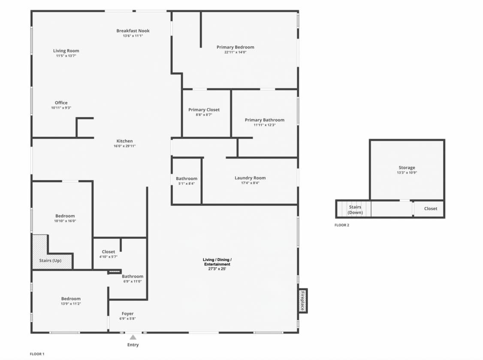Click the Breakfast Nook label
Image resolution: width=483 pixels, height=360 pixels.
133,31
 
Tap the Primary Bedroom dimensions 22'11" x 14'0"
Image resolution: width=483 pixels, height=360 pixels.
235,52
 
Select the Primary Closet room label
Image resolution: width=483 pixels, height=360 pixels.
204,110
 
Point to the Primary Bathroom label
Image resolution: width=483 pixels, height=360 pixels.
265,120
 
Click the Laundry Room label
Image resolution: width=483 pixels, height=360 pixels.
250,178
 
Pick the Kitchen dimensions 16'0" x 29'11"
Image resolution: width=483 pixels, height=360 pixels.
124,146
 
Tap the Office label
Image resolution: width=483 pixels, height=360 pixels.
61,103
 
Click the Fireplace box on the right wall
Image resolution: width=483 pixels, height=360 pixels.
303,300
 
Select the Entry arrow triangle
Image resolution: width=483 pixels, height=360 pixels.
133,337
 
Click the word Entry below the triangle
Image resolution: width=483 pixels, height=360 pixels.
133,345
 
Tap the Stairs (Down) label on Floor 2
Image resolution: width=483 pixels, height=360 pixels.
355,210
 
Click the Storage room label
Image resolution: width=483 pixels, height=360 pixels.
407,168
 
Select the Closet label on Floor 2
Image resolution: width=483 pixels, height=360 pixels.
430,209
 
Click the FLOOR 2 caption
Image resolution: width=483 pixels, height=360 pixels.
342,225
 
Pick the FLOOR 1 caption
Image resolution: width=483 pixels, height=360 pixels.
37,354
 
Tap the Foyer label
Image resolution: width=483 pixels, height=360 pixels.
127,314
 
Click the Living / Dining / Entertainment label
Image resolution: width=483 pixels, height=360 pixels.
217,262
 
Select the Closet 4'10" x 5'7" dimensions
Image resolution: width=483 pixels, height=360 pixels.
109,257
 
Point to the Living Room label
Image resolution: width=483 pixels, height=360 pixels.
66,51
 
